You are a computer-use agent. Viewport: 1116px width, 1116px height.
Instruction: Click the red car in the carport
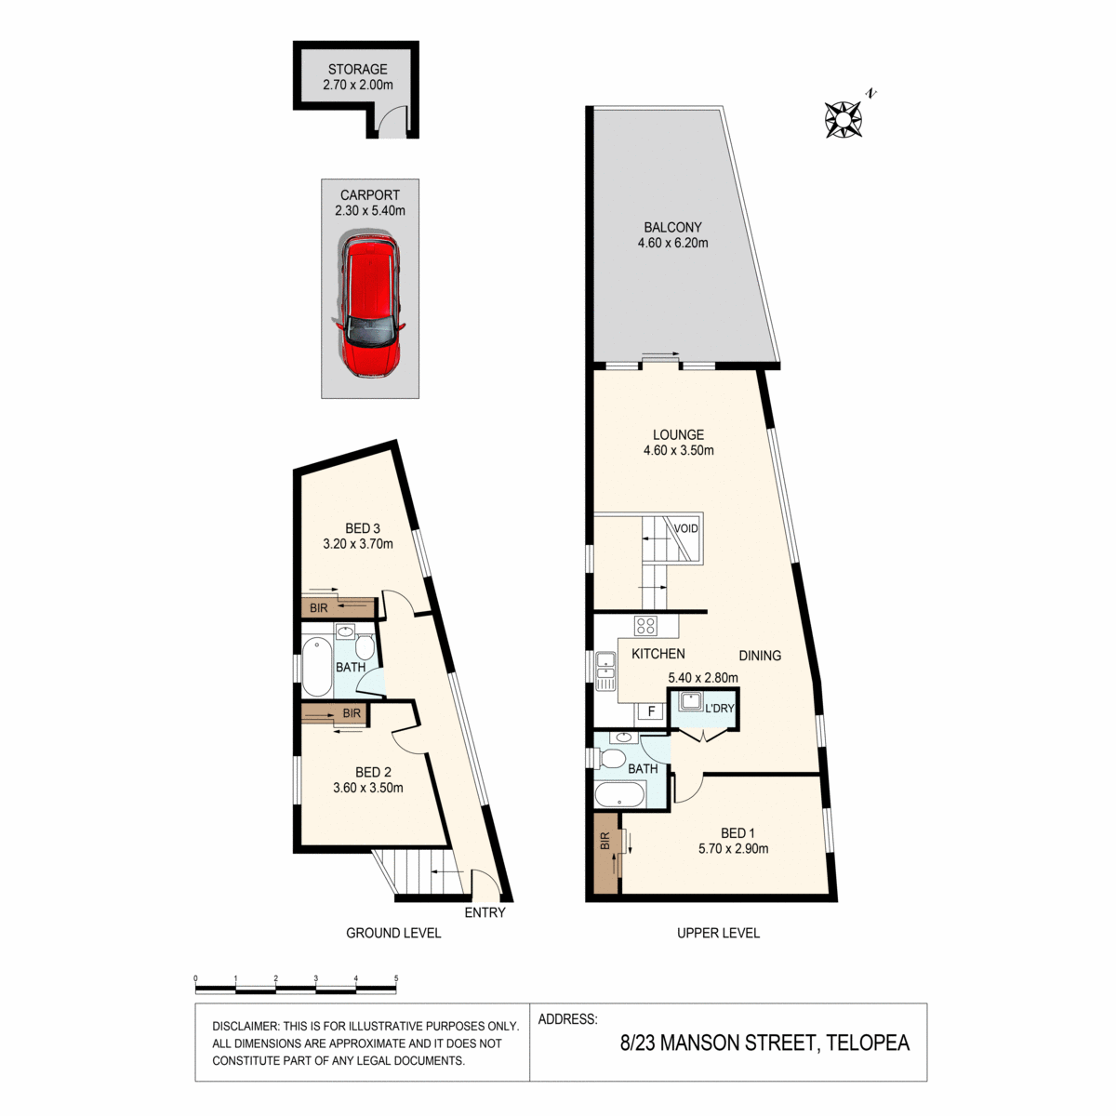coord(369,304)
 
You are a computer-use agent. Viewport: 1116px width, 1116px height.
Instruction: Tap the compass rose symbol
coord(844,119)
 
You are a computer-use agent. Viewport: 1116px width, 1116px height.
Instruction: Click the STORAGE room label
coord(357,70)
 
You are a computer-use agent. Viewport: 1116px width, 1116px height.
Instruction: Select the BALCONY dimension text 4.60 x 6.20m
coord(672,243)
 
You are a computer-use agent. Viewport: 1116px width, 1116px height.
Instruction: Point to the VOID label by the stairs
coord(685,528)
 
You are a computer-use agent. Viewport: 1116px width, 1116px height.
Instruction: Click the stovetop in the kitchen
coord(645,625)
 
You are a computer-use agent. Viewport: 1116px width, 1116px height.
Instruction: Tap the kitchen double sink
coord(606,671)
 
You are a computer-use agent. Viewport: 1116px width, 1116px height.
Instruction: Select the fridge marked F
coord(651,711)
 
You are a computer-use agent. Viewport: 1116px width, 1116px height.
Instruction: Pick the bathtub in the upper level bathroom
coord(618,794)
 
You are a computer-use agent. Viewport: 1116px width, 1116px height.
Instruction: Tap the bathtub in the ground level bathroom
coord(316,666)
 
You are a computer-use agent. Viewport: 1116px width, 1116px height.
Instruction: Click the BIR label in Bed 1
coord(605,841)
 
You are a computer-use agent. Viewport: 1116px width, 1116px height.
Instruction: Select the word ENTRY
coord(485,912)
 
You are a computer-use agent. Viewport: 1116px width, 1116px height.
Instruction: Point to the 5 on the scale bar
coord(396,978)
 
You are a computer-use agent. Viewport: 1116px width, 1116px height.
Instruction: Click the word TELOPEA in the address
coord(868,1043)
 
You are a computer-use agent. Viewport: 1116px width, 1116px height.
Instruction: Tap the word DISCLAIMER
coord(246,1026)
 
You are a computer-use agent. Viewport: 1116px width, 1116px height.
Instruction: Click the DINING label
coord(760,656)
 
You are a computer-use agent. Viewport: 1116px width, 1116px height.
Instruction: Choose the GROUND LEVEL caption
coord(393,933)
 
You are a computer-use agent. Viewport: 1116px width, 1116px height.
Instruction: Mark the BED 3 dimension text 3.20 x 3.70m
coord(358,544)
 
